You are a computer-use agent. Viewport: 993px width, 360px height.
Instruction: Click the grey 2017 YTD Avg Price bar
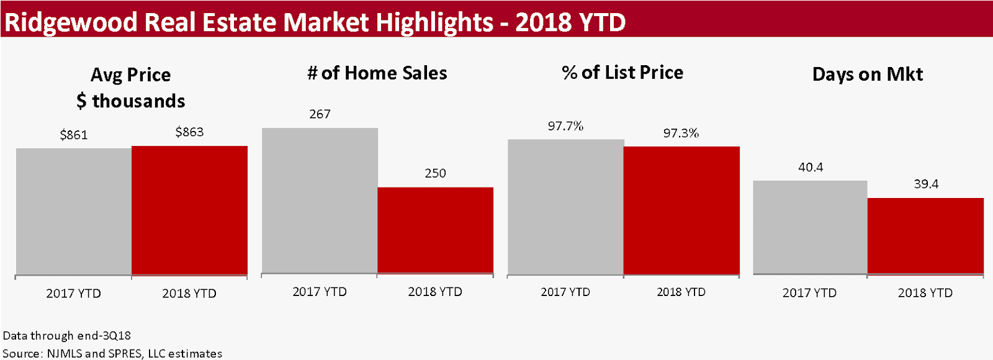pos(73,211)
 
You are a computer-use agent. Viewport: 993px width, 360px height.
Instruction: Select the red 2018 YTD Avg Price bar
pos(189,210)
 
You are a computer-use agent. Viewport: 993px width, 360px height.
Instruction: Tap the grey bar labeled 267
pos(320,200)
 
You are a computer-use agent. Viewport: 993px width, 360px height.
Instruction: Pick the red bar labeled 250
pos(435,230)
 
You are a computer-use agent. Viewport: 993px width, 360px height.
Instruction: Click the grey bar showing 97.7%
pos(565,206)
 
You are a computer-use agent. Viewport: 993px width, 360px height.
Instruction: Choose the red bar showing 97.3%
pos(681,210)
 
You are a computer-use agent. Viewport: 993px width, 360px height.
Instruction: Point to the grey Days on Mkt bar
pos(810,227)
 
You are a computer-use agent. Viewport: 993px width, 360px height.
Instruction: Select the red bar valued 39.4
pos(925,235)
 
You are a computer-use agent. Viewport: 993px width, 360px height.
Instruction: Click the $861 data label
pos(73,135)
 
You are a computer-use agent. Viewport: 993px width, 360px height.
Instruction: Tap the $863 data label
pos(189,132)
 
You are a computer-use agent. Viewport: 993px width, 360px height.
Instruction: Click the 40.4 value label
pos(811,167)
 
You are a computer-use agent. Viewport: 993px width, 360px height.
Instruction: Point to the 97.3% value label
pos(681,133)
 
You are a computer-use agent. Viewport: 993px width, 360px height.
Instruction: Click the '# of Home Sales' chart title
pos(377,73)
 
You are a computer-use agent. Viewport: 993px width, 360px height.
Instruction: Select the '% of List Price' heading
pos(622,73)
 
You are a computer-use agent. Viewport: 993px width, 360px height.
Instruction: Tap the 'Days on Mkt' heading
pos(867,74)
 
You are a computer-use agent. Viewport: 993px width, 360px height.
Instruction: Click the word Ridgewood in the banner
pos(71,22)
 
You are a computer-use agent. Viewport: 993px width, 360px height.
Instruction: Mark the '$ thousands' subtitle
pos(131,101)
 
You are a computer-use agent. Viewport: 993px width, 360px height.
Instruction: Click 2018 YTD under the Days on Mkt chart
pos(925,293)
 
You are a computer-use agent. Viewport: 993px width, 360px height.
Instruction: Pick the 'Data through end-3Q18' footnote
pos(67,336)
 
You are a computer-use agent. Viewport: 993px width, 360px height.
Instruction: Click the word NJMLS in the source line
pos(65,353)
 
